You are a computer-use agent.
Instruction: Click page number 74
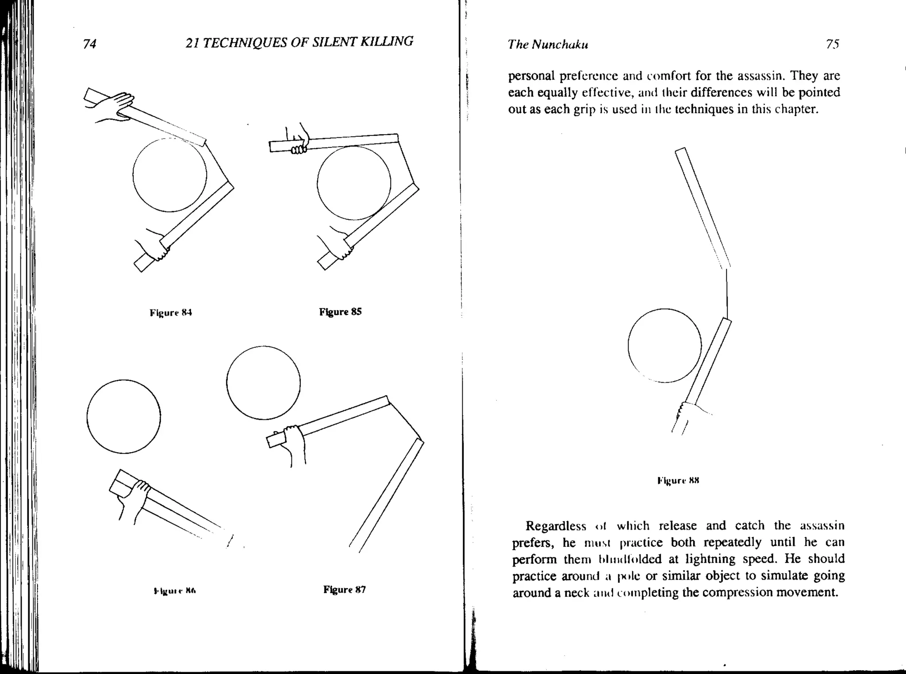[90, 44]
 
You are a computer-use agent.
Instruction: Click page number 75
[832, 44]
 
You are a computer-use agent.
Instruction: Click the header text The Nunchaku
[548, 44]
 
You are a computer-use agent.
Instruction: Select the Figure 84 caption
[171, 313]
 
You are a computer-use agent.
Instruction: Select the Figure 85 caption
[340, 312]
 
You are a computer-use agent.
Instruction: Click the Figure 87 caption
[344, 589]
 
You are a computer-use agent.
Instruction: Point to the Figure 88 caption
[678, 480]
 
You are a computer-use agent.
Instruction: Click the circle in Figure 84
[170, 174]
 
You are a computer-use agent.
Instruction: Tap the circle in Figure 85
[354, 182]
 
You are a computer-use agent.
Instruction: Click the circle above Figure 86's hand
[124, 416]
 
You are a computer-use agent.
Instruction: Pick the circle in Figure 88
[664, 345]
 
